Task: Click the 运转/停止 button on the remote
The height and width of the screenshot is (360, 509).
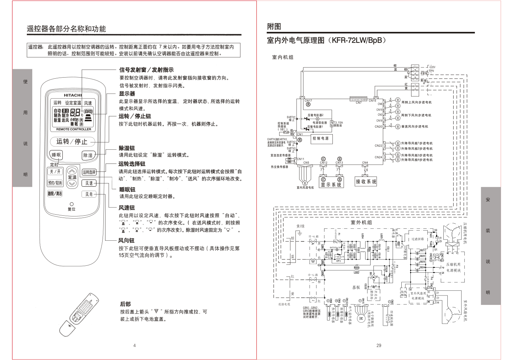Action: (x=72, y=141)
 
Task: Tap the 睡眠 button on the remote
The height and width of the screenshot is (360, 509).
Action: (x=56, y=155)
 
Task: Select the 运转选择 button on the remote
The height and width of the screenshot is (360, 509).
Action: (x=89, y=172)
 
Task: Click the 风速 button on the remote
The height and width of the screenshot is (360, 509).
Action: (x=89, y=183)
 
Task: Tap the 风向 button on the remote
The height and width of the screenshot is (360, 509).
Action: (x=89, y=194)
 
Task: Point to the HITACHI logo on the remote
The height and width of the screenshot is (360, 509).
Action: (x=73, y=95)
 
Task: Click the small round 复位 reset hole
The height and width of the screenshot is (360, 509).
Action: (x=71, y=204)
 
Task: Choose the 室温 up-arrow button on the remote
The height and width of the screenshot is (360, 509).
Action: (x=73, y=171)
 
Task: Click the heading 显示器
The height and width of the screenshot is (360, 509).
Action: (x=127, y=94)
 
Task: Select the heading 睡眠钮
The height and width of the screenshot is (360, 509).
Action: (x=127, y=190)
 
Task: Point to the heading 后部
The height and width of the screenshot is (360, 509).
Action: (x=125, y=304)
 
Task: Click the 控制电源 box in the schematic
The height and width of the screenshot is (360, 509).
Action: (x=321, y=138)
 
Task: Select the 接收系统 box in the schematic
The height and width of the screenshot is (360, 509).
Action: (x=366, y=182)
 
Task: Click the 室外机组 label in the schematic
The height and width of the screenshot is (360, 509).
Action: (x=361, y=222)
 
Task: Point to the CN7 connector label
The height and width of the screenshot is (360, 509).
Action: (x=359, y=103)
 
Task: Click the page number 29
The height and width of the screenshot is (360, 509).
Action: (x=379, y=345)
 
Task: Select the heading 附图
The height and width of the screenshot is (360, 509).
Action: (x=274, y=26)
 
